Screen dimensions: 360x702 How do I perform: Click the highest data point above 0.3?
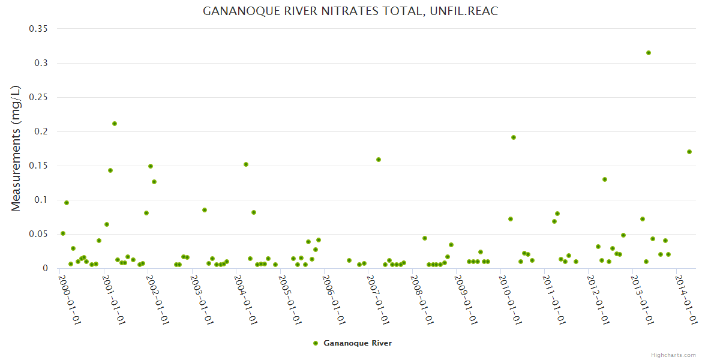(x=649, y=53)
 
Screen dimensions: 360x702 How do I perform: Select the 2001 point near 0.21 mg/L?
(x=115, y=124)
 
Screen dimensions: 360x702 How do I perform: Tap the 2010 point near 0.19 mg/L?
(x=514, y=137)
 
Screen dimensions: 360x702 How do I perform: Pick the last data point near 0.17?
(x=689, y=152)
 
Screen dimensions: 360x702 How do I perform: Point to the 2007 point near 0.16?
(x=379, y=160)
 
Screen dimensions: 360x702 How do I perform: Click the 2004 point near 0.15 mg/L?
(x=246, y=164)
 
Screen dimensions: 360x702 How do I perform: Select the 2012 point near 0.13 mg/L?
(x=605, y=179)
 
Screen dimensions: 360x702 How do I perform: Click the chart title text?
(x=350, y=11)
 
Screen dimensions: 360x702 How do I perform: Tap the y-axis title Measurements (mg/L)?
(x=16, y=148)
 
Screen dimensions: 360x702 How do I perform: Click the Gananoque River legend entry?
(x=357, y=343)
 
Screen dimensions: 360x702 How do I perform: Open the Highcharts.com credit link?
(x=673, y=355)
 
